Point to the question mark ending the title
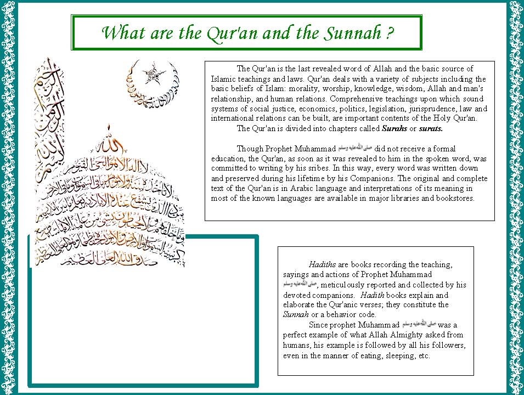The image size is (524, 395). coord(389,33)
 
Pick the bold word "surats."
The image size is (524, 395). coord(431,129)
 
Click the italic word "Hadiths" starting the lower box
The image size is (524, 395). coord(322,264)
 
